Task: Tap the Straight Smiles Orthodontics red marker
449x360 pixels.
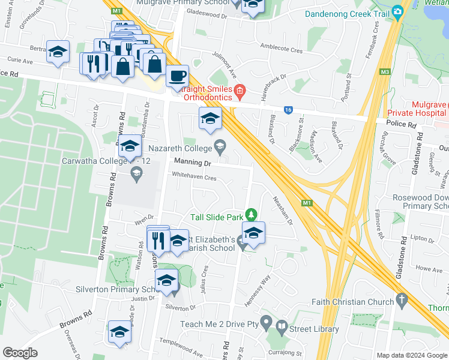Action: pos(240,91)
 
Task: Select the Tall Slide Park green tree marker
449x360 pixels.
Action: pos(252,214)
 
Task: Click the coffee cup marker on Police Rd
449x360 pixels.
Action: pos(176,76)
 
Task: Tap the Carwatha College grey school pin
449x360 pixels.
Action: pos(136,174)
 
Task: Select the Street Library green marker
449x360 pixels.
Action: pos(282,328)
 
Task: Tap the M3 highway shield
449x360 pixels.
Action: pos(385,73)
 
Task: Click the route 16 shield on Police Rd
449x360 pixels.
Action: pos(289,110)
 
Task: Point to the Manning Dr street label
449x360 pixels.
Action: pos(193,163)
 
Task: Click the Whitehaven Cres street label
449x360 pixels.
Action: pos(194,178)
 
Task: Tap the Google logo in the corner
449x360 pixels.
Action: pos(20,353)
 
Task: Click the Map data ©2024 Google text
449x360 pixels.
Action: pos(412,355)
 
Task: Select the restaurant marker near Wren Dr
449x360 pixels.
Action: pos(157,239)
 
